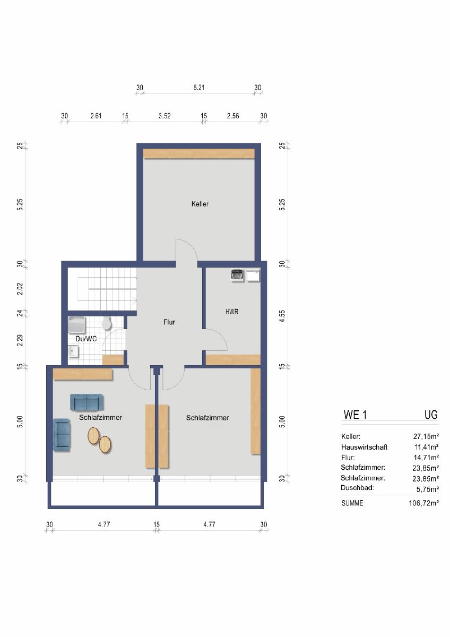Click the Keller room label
[x=200, y=204]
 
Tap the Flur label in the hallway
[x=169, y=322]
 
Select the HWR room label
[x=232, y=312]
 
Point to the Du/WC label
[x=86, y=339]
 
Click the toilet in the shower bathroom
[x=106, y=323]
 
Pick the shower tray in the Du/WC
[x=77, y=325]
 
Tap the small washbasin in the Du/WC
[x=74, y=351]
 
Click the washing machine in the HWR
[x=237, y=276]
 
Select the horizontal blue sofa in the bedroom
[x=86, y=403]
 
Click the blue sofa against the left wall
[x=62, y=435]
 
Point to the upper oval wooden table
[x=93, y=436]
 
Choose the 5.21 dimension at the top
[x=199, y=88]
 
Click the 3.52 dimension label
[x=165, y=116]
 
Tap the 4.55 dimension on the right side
[x=282, y=316]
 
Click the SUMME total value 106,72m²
[x=423, y=503]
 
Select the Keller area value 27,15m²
[x=426, y=436]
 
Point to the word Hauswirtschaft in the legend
[x=364, y=447]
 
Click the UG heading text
[x=431, y=415]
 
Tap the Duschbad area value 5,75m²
[x=428, y=489]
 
